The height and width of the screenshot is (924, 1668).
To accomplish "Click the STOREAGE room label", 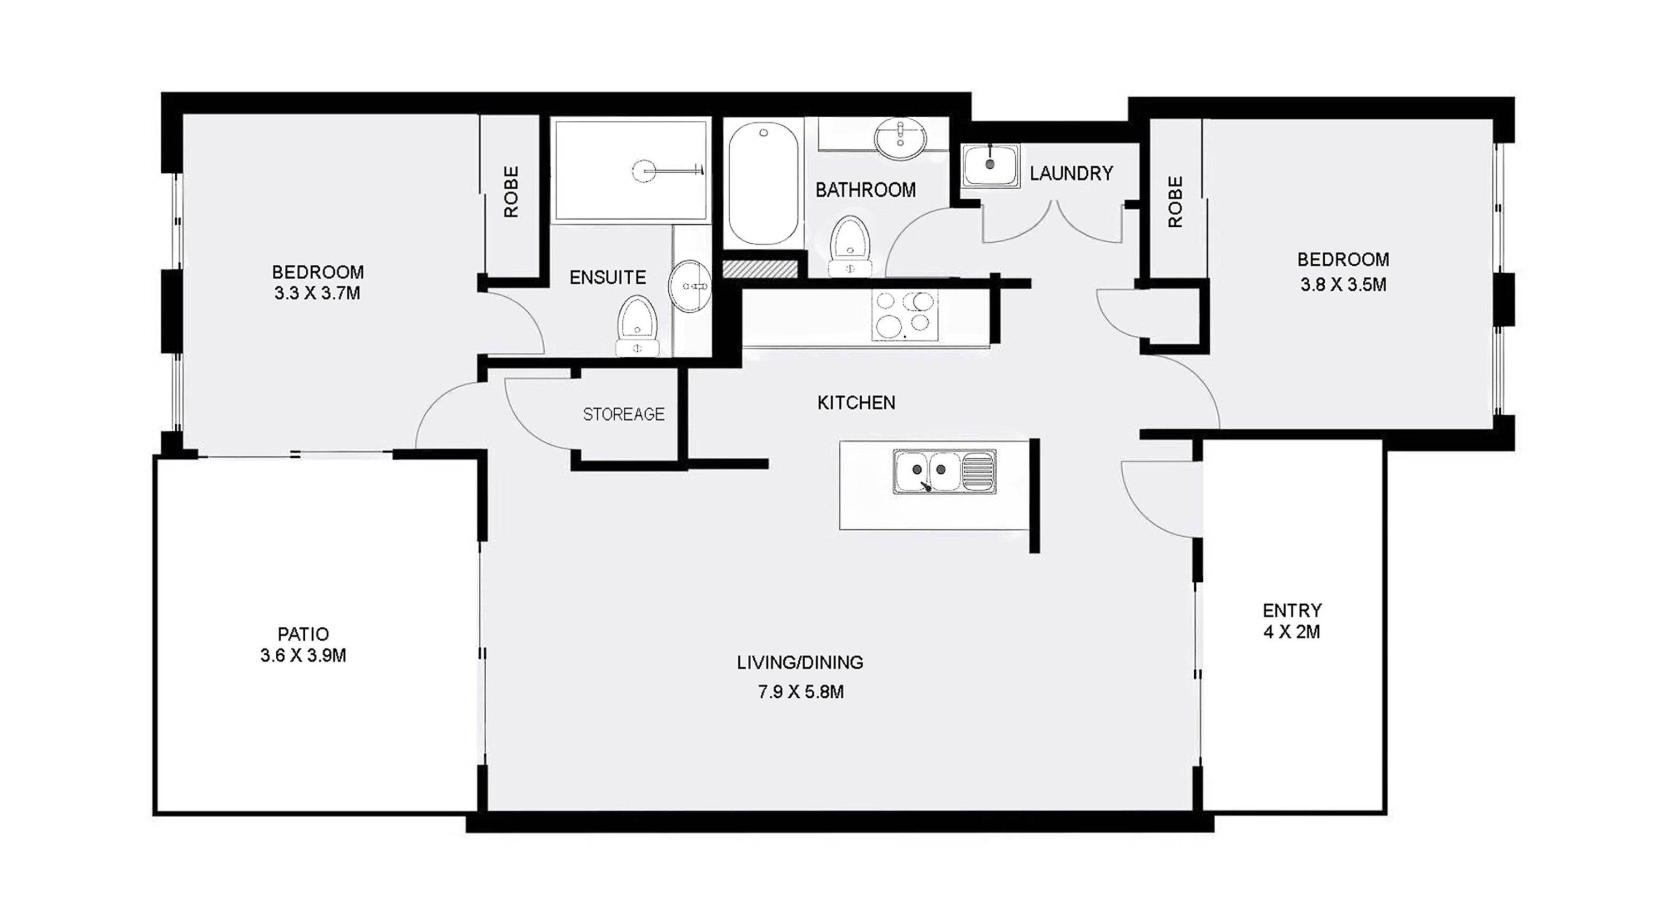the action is [x=623, y=414].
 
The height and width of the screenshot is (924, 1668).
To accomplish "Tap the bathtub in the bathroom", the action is [x=763, y=184].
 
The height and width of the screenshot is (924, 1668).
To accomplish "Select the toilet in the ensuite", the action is [x=637, y=326].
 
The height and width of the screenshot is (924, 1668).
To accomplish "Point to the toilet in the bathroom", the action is [x=850, y=246].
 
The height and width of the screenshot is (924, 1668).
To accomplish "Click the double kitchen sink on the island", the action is [x=944, y=472].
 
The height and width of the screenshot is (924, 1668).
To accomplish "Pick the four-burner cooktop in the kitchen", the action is [x=904, y=315].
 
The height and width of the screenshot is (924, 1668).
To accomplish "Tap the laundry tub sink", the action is [x=990, y=166].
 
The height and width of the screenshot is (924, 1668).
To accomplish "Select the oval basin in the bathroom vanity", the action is [x=900, y=138].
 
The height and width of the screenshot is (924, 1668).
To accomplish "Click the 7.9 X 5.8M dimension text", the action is [x=800, y=692].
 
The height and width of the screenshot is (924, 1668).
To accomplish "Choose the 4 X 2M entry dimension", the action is [x=1292, y=632].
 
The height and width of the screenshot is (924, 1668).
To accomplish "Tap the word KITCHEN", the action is [x=856, y=403].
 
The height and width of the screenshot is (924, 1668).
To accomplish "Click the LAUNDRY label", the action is [x=1071, y=174].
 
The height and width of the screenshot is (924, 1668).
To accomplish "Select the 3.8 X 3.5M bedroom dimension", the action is [x=1343, y=285].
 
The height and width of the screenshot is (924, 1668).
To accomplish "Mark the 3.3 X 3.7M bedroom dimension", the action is [x=317, y=294].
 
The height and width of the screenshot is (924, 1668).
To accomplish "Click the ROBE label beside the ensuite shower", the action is [x=512, y=191].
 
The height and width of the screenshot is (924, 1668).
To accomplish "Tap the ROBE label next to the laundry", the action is [x=1175, y=202].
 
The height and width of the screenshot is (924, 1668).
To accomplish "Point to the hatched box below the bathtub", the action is [x=760, y=269].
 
